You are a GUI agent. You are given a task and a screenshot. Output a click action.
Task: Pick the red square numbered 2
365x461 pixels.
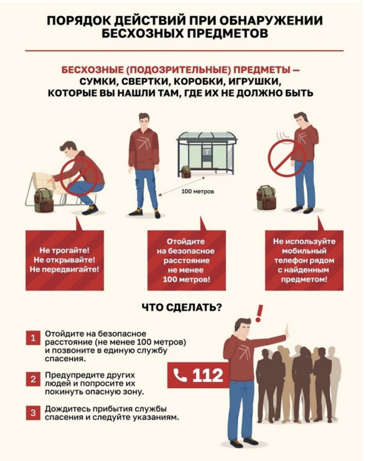point(33,379)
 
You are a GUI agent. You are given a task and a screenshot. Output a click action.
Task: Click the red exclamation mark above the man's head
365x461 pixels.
point(259,313)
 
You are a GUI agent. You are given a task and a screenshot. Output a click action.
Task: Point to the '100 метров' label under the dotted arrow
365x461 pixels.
point(197,192)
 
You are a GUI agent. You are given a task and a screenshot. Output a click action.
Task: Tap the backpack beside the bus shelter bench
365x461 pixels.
point(186,172)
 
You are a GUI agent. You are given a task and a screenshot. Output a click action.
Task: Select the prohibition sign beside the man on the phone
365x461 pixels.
point(287,158)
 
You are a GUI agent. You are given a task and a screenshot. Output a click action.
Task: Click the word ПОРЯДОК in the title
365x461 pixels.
point(79,21)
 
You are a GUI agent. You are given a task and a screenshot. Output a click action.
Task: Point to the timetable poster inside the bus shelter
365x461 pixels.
point(207,152)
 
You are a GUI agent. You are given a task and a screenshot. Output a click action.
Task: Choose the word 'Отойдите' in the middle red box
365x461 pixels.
point(186,241)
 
